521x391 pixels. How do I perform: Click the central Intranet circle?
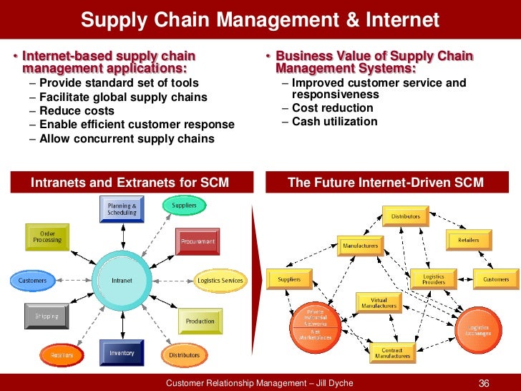pos(122,280)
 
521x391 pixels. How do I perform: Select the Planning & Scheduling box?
pos(122,209)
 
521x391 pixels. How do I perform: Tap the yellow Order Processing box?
pos(47,237)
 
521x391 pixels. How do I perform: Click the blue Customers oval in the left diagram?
pos(32,280)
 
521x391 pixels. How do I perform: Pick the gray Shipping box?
pos(47,316)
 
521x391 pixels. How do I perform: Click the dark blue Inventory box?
pos(122,353)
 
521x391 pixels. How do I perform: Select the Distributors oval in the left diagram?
pos(185,354)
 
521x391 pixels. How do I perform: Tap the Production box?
pos(200,322)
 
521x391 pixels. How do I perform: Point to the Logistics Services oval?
pos(220,281)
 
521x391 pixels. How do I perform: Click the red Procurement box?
pos(197,242)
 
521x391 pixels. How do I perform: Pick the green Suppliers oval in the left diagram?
pos(184,206)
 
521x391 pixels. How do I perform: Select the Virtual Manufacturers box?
pos(379,303)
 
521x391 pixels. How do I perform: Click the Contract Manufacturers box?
pos(393,352)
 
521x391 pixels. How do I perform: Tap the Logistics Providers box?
pos(434,279)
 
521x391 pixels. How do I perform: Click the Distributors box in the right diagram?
pos(406,216)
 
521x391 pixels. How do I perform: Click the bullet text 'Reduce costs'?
pos(77,111)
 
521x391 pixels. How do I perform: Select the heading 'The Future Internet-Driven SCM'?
pos(386,183)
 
